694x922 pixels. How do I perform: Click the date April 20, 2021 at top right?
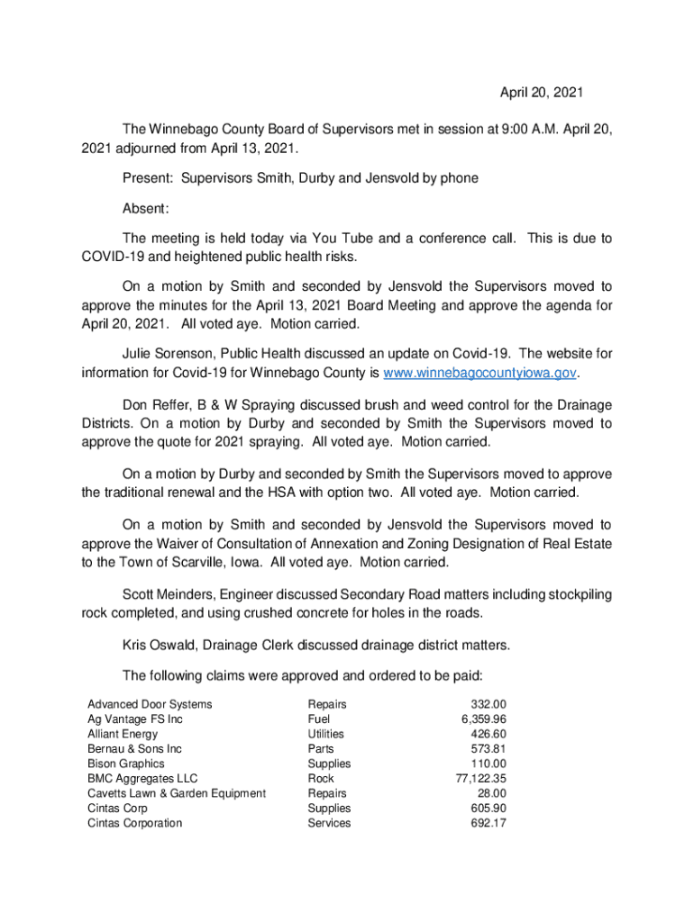542,93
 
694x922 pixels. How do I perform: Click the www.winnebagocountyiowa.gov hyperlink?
479,373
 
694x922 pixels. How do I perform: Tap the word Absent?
146,209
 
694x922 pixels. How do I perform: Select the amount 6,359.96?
483,719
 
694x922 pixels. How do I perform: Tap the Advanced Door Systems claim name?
150,704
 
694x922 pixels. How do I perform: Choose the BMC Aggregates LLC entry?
142,778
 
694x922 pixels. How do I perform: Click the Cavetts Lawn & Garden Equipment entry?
177,793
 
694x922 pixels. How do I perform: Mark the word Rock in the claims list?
320,778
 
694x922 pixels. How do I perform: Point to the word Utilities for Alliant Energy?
325,734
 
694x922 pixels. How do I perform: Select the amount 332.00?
489,704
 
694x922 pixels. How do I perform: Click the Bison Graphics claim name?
126,764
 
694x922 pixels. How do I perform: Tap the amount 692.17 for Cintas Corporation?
488,823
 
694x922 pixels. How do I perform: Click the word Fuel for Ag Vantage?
319,719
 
